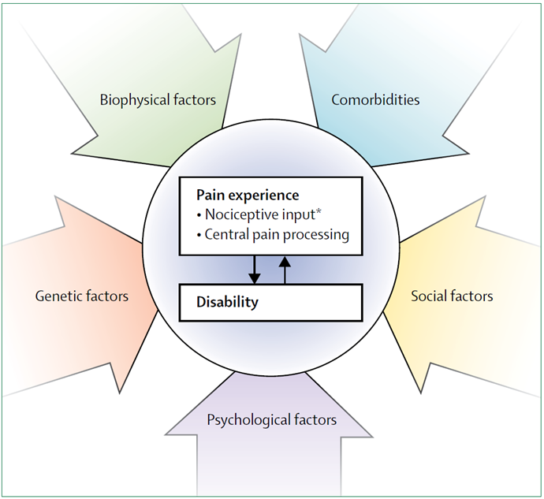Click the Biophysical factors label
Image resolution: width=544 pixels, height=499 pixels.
coord(158,100)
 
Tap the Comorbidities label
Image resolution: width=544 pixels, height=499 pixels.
coord(375,100)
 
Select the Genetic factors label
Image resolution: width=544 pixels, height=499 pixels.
coord(82,296)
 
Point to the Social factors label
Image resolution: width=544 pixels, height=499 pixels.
coord(452,296)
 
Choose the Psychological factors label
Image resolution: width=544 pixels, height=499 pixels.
coord(271,419)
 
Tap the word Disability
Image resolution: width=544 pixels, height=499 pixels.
coord(227,302)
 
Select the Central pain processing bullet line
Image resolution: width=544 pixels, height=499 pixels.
coord(270,234)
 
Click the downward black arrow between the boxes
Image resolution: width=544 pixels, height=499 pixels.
coord(254,269)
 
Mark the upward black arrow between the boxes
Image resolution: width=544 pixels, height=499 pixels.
coord(285,269)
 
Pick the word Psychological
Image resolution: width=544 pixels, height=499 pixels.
coord(248,419)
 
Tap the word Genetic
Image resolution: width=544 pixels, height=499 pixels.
coord(59,296)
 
